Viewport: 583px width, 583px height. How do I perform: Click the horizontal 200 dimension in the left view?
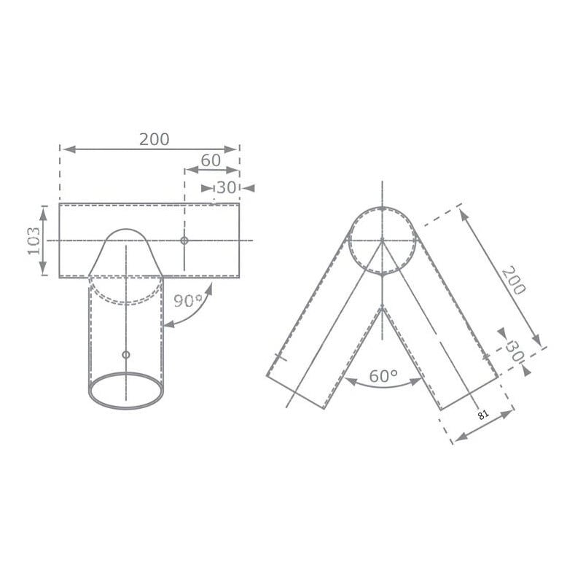[154, 139]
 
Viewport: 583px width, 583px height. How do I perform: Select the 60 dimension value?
[211, 160]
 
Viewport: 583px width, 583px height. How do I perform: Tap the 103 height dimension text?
[34, 240]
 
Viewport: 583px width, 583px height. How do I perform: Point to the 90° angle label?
[188, 300]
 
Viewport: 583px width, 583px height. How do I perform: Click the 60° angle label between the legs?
[383, 376]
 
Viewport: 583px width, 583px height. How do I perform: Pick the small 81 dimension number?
[482, 415]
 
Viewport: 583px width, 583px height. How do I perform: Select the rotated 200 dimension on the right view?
[512, 278]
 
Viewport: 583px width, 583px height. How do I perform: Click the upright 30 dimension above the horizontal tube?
[227, 187]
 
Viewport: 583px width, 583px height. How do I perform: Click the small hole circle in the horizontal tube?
[184, 240]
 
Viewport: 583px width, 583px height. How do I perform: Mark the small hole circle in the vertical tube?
[126, 354]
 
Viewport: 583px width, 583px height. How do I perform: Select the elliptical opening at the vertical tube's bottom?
[126, 390]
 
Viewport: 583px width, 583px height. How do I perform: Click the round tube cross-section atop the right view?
[383, 240]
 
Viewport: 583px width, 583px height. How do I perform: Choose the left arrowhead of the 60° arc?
[347, 379]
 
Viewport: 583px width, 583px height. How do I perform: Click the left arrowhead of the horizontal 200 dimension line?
[65, 149]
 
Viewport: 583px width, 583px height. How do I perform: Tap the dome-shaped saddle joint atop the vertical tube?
[126, 251]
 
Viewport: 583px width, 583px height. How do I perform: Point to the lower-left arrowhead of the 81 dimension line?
[455, 440]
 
